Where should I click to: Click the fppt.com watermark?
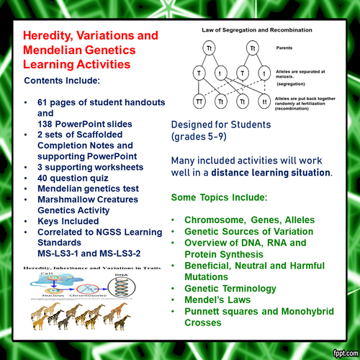click(339, 352)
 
